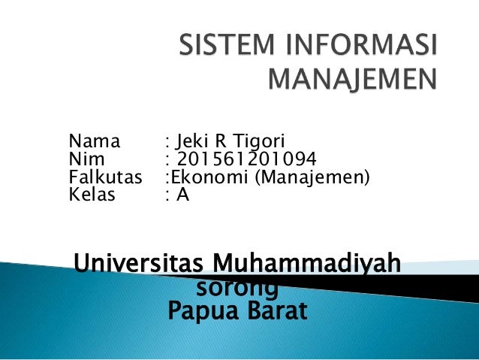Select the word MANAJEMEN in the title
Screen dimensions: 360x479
[351, 78]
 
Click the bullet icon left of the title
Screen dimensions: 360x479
[160, 46]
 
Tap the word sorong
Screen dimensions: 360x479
[236, 287]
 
